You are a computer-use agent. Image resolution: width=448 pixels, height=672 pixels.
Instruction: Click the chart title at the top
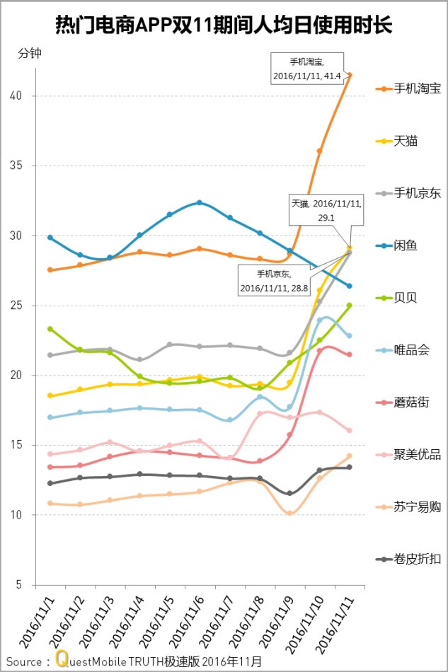pos(224,26)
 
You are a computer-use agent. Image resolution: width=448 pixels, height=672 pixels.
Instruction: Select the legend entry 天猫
pos(406,141)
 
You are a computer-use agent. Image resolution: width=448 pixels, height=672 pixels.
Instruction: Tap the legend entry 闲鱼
pos(406,245)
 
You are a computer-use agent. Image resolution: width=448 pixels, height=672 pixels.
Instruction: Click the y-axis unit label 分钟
pos(29,53)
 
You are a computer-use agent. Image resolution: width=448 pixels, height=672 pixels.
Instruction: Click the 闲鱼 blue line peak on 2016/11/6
pos(200,202)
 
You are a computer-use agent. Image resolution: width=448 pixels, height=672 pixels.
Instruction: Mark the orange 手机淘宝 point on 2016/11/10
pos(320,151)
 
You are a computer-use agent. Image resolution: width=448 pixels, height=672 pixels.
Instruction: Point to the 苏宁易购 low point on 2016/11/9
pos(289,513)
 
